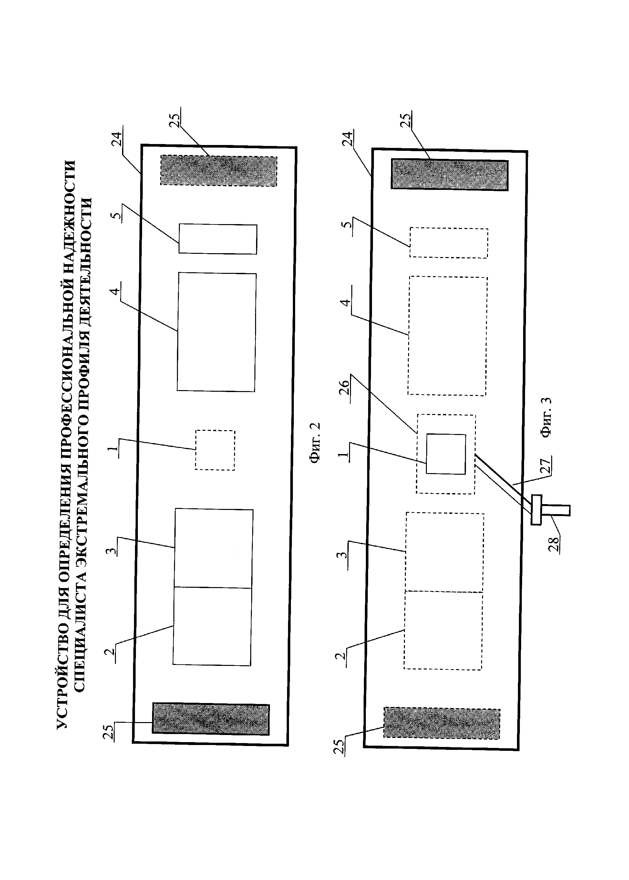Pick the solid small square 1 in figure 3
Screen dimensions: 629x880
point(446,454)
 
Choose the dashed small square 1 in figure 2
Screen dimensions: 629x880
point(215,450)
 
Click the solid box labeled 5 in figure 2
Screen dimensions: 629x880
point(218,239)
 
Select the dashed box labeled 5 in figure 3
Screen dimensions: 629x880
point(449,243)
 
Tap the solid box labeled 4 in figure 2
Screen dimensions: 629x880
point(217,332)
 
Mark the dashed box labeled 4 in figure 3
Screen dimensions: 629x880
point(447,336)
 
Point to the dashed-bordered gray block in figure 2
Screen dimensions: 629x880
point(219,171)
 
